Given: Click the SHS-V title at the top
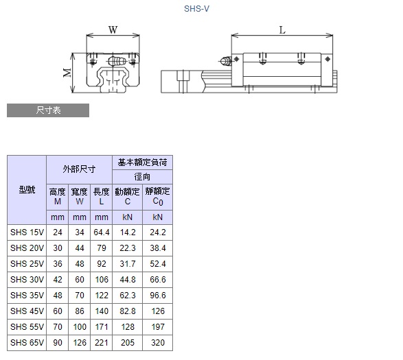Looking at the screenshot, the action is click(196, 9).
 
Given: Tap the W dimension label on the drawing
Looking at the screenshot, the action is click(113, 30).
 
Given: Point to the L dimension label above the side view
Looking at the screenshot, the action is click(282, 31).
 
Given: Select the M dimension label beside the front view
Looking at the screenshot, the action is click(67, 73).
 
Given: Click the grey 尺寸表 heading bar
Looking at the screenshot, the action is click(48, 110).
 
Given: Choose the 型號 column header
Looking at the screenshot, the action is click(27, 190).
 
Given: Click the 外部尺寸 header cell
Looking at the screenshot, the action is click(79, 169).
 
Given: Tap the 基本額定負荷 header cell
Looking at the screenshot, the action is click(142, 163).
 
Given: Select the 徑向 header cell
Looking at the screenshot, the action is click(142, 177).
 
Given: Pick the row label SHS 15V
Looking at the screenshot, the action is click(27, 232).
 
